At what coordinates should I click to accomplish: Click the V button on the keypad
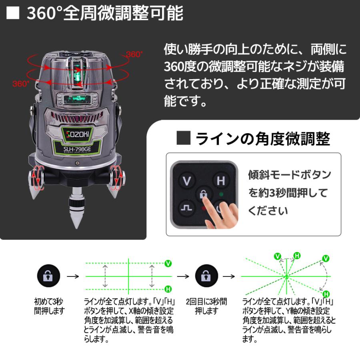[186, 181]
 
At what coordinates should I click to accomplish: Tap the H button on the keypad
[221, 181]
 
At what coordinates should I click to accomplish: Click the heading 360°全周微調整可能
[105, 13]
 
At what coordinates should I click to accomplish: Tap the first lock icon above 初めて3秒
[48, 276]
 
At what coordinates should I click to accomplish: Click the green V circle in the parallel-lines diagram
[168, 263]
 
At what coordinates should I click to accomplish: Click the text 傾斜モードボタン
[290, 175]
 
